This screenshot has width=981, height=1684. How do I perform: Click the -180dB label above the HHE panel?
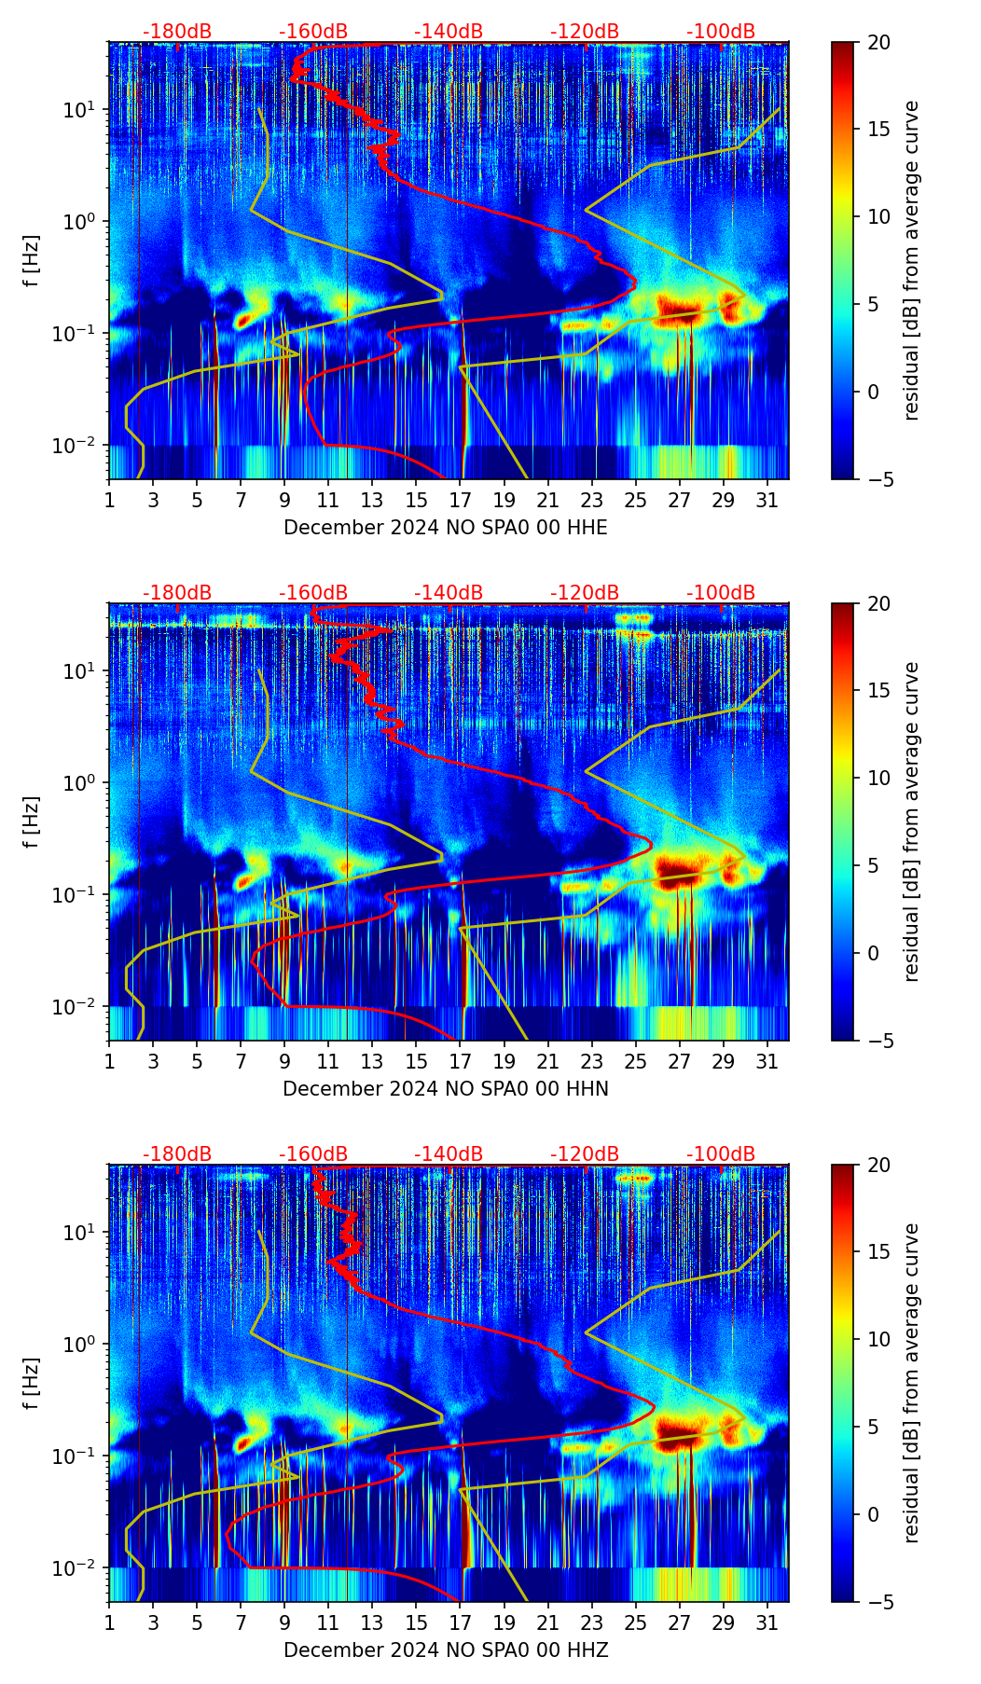click(x=177, y=32)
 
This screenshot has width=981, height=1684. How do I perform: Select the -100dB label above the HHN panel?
click(x=721, y=593)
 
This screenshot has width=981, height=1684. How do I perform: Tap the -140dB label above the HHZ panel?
click(x=449, y=1154)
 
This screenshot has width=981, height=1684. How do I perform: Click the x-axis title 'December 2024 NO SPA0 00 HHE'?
click(x=445, y=528)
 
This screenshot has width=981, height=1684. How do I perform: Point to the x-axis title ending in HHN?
click(x=445, y=1089)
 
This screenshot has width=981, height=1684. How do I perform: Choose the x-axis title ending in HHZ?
click(x=445, y=1650)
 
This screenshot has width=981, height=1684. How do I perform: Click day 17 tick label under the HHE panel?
click(x=461, y=500)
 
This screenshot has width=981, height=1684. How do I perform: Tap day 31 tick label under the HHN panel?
click(x=767, y=1061)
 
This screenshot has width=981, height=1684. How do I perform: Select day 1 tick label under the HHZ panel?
click(x=109, y=1622)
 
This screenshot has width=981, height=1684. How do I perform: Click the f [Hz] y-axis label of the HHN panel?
click(x=32, y=821)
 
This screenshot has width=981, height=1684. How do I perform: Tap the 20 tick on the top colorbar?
click(x=878, y=42)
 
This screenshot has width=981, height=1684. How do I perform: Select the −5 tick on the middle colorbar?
click(x=878, y=1040)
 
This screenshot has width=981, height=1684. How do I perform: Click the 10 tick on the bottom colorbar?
click(x=878, y=1339)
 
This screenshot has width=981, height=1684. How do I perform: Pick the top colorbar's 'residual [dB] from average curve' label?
click(x=911, y=260)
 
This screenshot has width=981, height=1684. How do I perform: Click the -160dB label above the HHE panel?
click(x=313, y=32)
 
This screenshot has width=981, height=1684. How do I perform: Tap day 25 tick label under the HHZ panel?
click(x=635, y=1622)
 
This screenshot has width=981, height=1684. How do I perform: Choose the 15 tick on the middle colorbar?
click(x=878, y=691)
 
